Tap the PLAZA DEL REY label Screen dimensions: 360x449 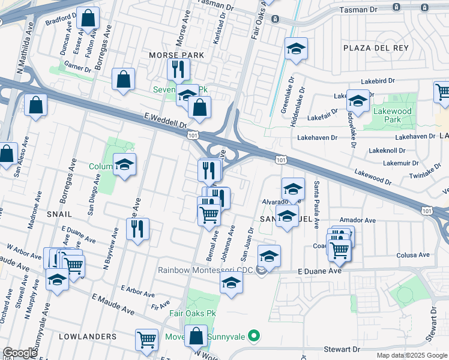375,47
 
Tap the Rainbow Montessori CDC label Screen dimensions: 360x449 205,271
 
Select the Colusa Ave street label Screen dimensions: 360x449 413,255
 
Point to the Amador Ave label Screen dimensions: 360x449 357,220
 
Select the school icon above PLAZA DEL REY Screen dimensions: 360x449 295,49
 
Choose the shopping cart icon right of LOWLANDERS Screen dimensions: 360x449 146,340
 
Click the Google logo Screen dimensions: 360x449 20,353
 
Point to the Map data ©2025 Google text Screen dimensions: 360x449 411,355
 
